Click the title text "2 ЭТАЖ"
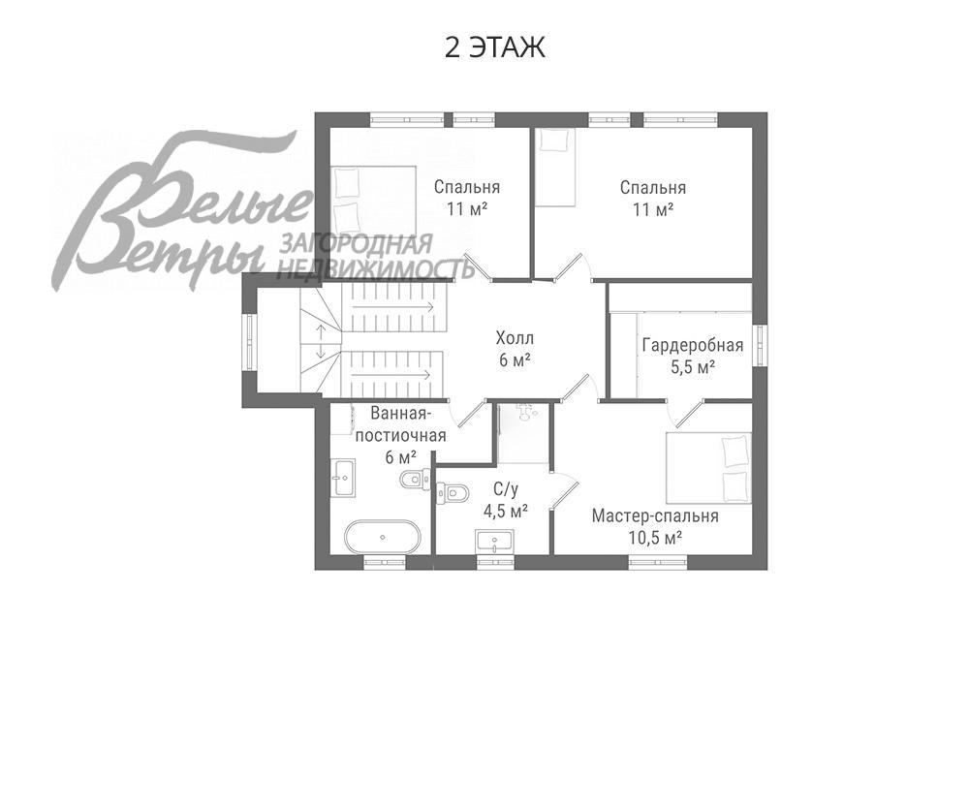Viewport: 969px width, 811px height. (x=494, y=47)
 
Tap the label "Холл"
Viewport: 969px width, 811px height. (x=515, y=338)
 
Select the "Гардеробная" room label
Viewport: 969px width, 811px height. (x=692, y=346)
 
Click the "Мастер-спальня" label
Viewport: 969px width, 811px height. (x=655, y=515)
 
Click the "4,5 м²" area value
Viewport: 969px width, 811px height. (x=505, y=511)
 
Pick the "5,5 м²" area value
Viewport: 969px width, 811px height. (x=692, y=367)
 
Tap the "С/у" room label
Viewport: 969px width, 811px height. (x=505, y=490)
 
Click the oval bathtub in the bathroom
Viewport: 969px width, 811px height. (x=383, y=537)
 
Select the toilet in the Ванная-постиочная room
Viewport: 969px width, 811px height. (x=415, y=478)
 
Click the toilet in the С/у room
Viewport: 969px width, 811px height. (x=451, y=492)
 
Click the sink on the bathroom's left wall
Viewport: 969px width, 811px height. (x=343, y=477)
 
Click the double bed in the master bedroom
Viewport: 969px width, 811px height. (x=708, y=468)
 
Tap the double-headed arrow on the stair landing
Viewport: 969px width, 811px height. (x=319, y=340)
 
